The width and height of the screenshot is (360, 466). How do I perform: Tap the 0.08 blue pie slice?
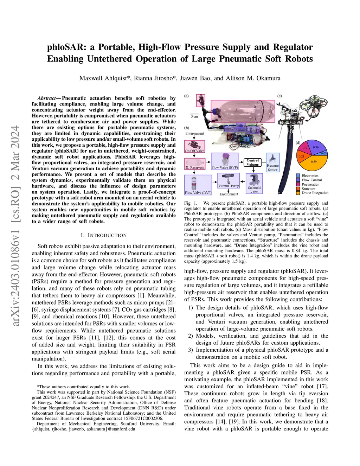point(324,153)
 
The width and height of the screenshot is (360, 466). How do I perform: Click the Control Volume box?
point(252,162)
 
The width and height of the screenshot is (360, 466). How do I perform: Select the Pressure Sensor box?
point(272,162)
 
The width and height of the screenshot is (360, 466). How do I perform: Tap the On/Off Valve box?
point(194,147)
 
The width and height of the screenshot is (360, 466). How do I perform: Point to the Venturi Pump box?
point(229,180)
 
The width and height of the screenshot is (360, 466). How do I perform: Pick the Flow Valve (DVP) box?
point(198,185)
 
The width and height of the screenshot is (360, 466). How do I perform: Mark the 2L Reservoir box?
point(194,164)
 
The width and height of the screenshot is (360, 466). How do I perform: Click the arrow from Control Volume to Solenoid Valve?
point(252,170)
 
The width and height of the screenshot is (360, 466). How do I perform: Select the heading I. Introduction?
point(103,235)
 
